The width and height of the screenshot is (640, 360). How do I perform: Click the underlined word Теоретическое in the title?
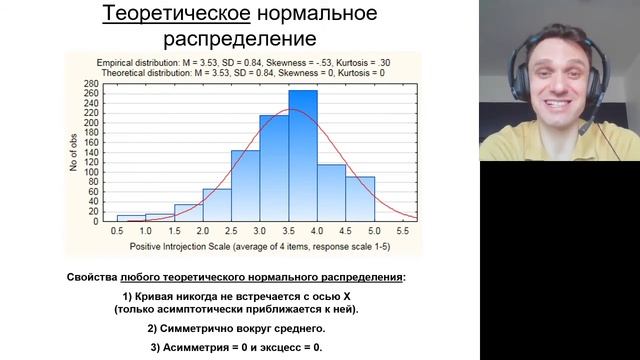pyautogui.click(x=162, y=14)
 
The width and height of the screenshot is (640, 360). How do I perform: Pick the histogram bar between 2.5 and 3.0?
pyautogui.click(x=245, y=185)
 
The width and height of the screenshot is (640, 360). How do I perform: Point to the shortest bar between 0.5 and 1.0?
pyautogui.click(x=131, y=217)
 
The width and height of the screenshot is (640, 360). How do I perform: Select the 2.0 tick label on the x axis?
pyautogui.click(x=203, y=231)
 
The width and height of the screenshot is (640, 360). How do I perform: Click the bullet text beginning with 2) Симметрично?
pyautogui.click(x=236, y=328)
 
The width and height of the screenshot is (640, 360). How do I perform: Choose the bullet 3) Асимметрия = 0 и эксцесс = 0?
pyautogui.click(x=236, y=346)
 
